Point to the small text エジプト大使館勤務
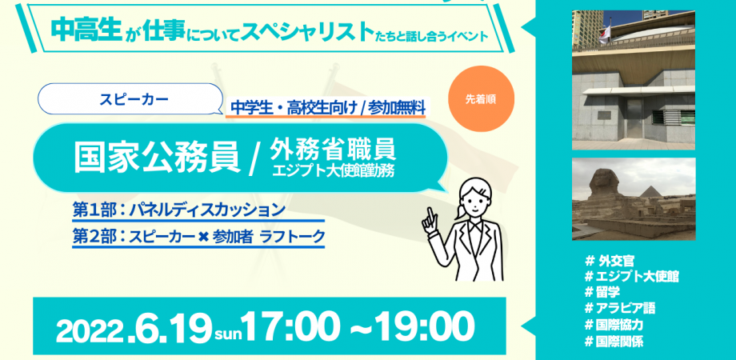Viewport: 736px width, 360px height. [x=334, y=170]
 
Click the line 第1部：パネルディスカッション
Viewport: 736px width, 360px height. [x=178, y=210]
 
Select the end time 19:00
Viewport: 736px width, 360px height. [x=417, y=326]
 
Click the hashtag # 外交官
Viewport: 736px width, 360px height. [x=612, y=262]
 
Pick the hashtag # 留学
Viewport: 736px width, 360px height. [x=607, y=292]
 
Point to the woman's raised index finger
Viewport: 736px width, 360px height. [x=429, y=213]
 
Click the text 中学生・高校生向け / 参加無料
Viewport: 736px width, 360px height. [x=327, y=107]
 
